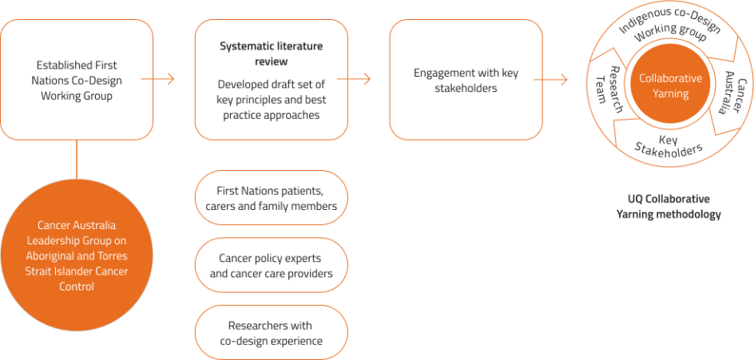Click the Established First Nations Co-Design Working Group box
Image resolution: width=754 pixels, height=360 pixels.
[x=77, y=80]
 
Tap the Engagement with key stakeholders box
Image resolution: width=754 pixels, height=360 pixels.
[x=466, y=80]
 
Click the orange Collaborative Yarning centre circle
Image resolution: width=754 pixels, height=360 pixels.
[x=670, y=86]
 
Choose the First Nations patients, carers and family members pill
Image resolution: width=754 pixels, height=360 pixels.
[x=271, y=198]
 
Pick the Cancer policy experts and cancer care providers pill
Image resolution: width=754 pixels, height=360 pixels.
[x=271, y=266]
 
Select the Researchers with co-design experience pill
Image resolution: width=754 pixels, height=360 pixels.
[x=271, y=333]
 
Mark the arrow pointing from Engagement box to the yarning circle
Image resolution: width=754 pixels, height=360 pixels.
[x=551, y=79]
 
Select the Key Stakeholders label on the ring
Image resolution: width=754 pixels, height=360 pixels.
[x=669, y=144]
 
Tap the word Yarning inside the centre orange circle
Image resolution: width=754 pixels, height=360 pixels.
[x=670, y=93]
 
